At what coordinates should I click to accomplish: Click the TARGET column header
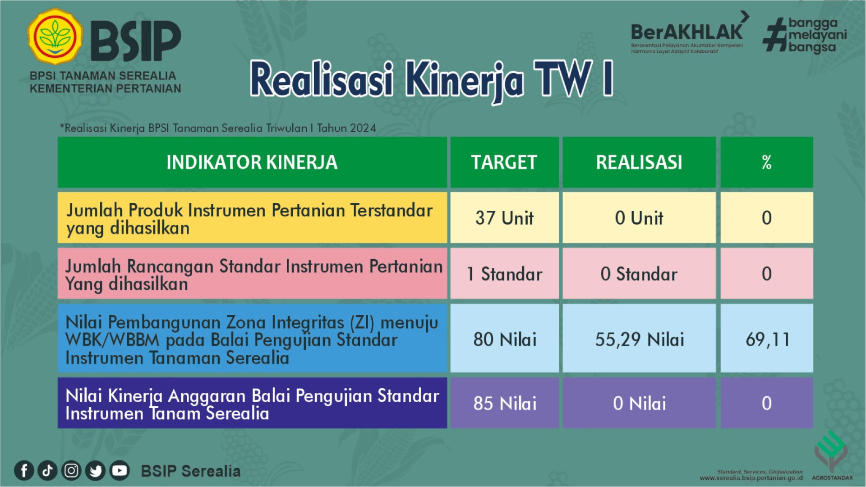[504, 162]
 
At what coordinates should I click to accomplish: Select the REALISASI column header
[639, 162]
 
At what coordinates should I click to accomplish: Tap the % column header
[767, 162]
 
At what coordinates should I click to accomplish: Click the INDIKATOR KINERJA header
[252, 162]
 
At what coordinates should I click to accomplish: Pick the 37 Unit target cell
[504, 218]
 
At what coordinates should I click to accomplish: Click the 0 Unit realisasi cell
[639, 218]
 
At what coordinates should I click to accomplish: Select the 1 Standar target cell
[504, 273]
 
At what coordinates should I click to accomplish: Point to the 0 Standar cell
[639, 273]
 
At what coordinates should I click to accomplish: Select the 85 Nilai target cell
[504, 403]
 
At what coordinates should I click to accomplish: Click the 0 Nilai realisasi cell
[639, 403]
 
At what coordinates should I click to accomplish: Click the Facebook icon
[24, 471]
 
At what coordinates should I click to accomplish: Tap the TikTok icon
[47, 471]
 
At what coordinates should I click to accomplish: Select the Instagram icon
[71, 471]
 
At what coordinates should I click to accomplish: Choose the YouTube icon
[120, 471]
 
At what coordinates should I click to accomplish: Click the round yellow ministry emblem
[55, 36]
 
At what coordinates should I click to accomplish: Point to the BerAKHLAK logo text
[686, 32]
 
